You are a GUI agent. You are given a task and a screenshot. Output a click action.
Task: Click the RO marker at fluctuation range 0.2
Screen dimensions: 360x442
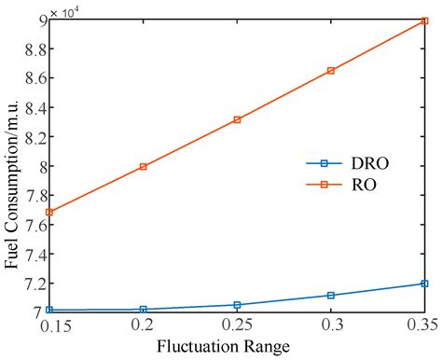pyautogui.click(x=143, y=167)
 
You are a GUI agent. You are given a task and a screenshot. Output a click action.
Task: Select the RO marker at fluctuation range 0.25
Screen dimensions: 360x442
pyautogui.click(x=237, y=119)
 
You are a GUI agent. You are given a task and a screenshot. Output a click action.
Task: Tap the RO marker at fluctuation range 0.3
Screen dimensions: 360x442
pyautogui.click(x=331, y=70)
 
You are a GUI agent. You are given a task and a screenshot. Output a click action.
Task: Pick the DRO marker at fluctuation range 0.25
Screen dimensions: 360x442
pyautogui.click(x=237, y=305)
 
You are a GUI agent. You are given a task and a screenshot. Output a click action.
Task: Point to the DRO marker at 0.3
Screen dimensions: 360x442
pyautogui.click(x=331, y=295)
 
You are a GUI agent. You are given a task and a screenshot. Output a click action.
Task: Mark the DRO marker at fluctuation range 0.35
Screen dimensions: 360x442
pyautogui.click(x=424, y=284)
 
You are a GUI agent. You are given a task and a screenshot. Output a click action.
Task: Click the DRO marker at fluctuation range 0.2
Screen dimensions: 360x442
pyautogui.click(x=143, y=309)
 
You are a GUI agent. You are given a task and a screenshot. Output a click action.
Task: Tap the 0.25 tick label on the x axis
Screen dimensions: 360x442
pyautogui.click(x=237, y=325)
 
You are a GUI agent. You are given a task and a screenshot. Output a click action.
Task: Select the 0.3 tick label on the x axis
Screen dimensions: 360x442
pyautogui.click(x=331, y=325)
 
